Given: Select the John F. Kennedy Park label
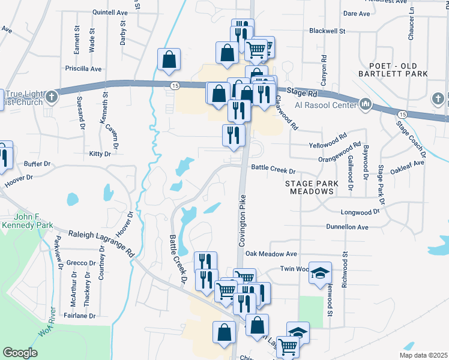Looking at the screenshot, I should [26, 221].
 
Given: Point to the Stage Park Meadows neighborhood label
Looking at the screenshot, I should [309, 187].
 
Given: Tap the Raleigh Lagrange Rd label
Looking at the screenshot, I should [101, 243].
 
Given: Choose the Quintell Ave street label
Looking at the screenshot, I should [110, 12].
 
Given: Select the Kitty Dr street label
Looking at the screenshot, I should [100, 154].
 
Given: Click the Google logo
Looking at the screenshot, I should [20, 353].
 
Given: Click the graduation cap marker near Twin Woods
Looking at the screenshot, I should [321, 272].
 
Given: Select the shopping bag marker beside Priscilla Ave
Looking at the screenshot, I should [169, 59].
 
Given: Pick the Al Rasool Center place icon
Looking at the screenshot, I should [366, 106].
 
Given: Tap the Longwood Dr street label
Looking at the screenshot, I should [360, 212].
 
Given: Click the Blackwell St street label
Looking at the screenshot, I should [327, 31].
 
